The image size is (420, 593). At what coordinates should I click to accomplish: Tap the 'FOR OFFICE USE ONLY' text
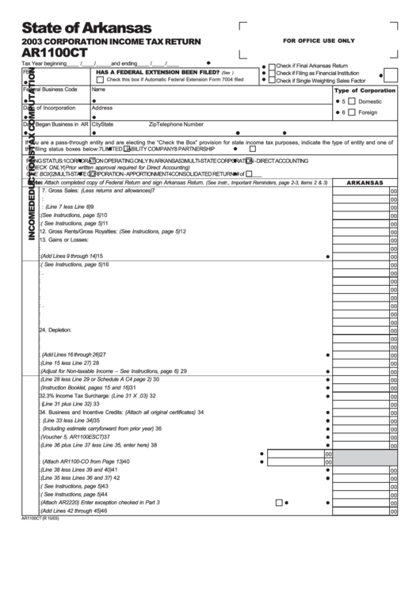tap(319, 40)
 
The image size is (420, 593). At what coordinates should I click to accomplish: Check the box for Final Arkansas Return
tap(272, 65)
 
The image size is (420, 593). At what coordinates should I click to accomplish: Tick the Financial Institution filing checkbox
tap(272, 73)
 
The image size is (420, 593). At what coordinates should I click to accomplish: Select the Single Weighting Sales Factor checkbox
tap(272, 81)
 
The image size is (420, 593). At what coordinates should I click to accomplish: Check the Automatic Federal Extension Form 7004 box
tap(100, 80)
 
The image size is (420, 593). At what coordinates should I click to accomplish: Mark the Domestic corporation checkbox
tap(351, 101)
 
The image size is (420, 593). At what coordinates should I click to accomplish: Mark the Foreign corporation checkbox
tap(351, 112)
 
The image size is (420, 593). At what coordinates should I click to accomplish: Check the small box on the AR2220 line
tap(279, 502)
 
